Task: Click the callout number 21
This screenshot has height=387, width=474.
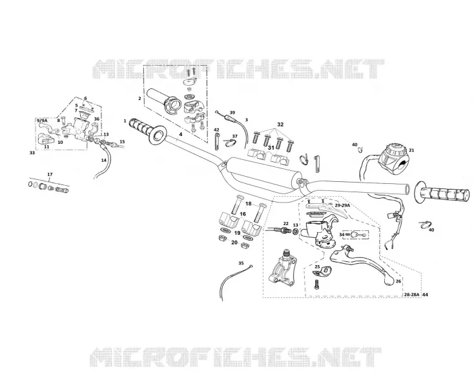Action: coord(411,150)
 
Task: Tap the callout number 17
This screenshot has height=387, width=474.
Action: coord(50,175)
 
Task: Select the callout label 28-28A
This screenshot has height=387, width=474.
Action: coord(412,294)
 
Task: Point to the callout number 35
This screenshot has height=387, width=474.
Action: coord(241,263)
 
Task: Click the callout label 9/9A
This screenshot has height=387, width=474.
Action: coord(42,121)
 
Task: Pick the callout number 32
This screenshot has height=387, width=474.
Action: coord(280,124)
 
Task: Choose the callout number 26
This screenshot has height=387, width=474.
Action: coord(398,281)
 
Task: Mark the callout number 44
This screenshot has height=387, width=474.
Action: coord(425,294)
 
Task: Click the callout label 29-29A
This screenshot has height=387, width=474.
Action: coord(342,205)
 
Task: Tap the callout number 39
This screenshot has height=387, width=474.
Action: coord(232,113)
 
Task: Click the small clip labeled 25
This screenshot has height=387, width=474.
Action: coord(322,271)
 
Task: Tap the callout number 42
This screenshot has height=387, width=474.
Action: coord(216,130)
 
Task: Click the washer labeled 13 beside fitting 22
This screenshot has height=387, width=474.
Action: coord(295,232)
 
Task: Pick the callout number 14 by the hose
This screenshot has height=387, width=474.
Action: coord(104,161)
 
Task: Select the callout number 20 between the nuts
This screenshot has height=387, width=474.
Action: coord(234,242)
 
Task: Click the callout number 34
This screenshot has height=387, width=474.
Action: coord(342,234)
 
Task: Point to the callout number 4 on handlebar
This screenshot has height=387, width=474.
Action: coord(180,134)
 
